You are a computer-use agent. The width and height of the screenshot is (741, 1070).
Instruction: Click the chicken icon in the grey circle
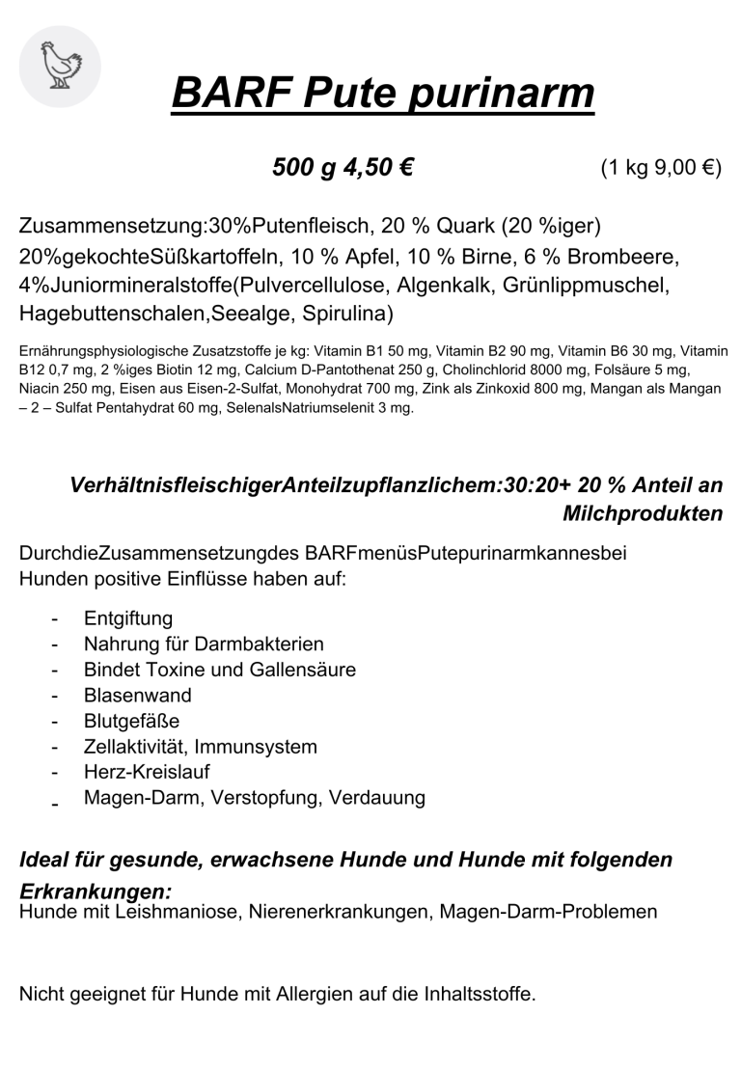(x=60, y=67)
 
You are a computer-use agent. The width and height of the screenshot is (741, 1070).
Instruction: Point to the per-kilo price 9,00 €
(x=688, y=168)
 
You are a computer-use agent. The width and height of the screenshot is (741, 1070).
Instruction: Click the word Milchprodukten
(x=643, y=514)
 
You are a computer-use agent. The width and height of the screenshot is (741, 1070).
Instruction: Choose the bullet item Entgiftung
(x=128, y=618)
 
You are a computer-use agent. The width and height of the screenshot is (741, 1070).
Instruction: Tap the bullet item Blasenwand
(x=138, y=696)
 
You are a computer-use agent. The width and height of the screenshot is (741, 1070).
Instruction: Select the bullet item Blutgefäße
(x=132, y=722)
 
